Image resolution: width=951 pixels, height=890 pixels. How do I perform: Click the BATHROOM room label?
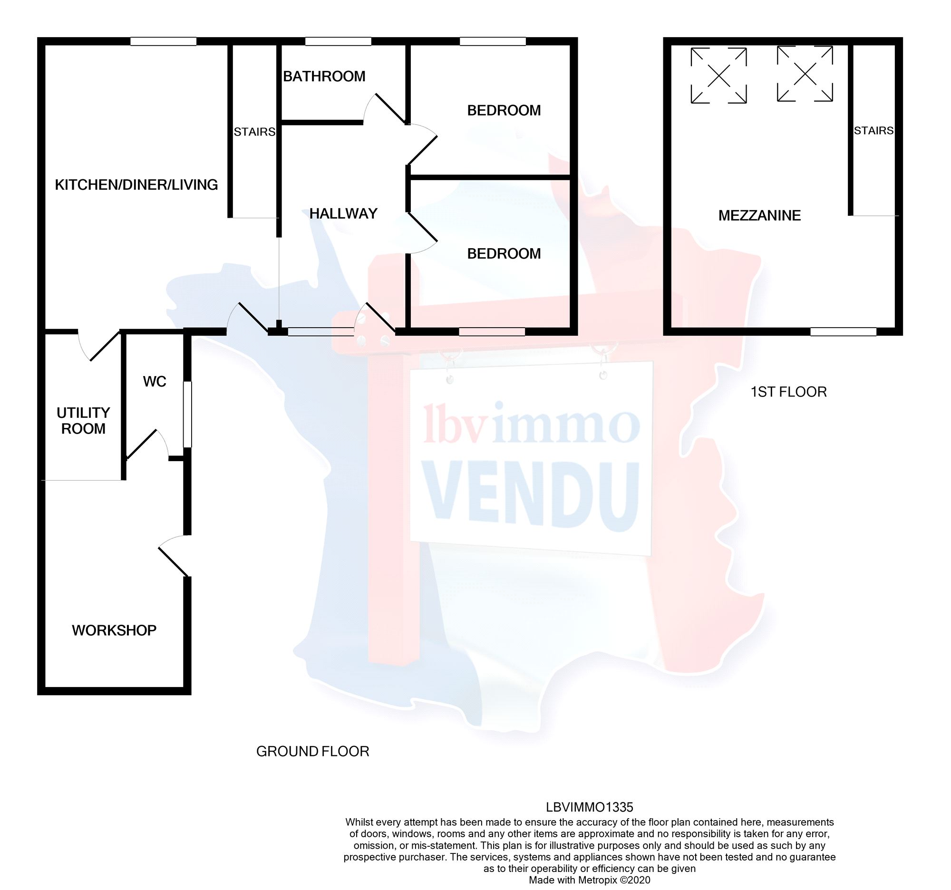pyautogui.click(x=324, y=77)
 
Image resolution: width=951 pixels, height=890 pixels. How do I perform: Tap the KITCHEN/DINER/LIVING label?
pyautogui.click(x=136, y=184)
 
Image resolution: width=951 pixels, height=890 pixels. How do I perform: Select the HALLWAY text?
pyautogui.click(x=343, y=213)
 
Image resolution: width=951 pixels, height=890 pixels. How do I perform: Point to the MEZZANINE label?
pyautogui.click(x=759, y=216)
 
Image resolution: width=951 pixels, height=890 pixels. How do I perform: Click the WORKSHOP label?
pyautogui.click(x=114, y=630)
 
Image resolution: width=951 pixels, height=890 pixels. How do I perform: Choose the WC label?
pyautogui.click(x=155, y=382)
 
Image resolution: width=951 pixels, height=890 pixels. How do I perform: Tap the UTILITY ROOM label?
pyautogui.click(x=83, y=421)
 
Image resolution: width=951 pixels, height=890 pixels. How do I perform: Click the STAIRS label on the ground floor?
pyautogui.click(x=254, y=132)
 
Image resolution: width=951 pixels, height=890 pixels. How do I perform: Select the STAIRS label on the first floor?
pyautogui.click(x=873, y=131)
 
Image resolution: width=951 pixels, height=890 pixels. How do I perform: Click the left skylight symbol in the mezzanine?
pyautogui.click(x=718, y=76)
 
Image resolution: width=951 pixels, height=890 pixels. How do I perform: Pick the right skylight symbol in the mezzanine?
pyautogui.click(x=805, y=74)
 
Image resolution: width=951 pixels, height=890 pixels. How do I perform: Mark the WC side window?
pyautogui.click(x=188, y=414)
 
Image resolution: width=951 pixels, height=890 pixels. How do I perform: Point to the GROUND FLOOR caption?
pyautogui.click(x=312, y=751)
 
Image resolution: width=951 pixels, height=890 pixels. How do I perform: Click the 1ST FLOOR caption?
pyautogui.click(x=788, y=392)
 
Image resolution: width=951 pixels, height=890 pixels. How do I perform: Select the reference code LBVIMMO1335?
pyautogui.click(x=589, y=807)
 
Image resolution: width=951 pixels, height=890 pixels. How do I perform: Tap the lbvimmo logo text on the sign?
pyautogui.click(x=531, y=424)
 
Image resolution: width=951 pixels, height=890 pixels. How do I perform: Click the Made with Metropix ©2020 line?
pyautogui.click(x=589, y=880)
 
